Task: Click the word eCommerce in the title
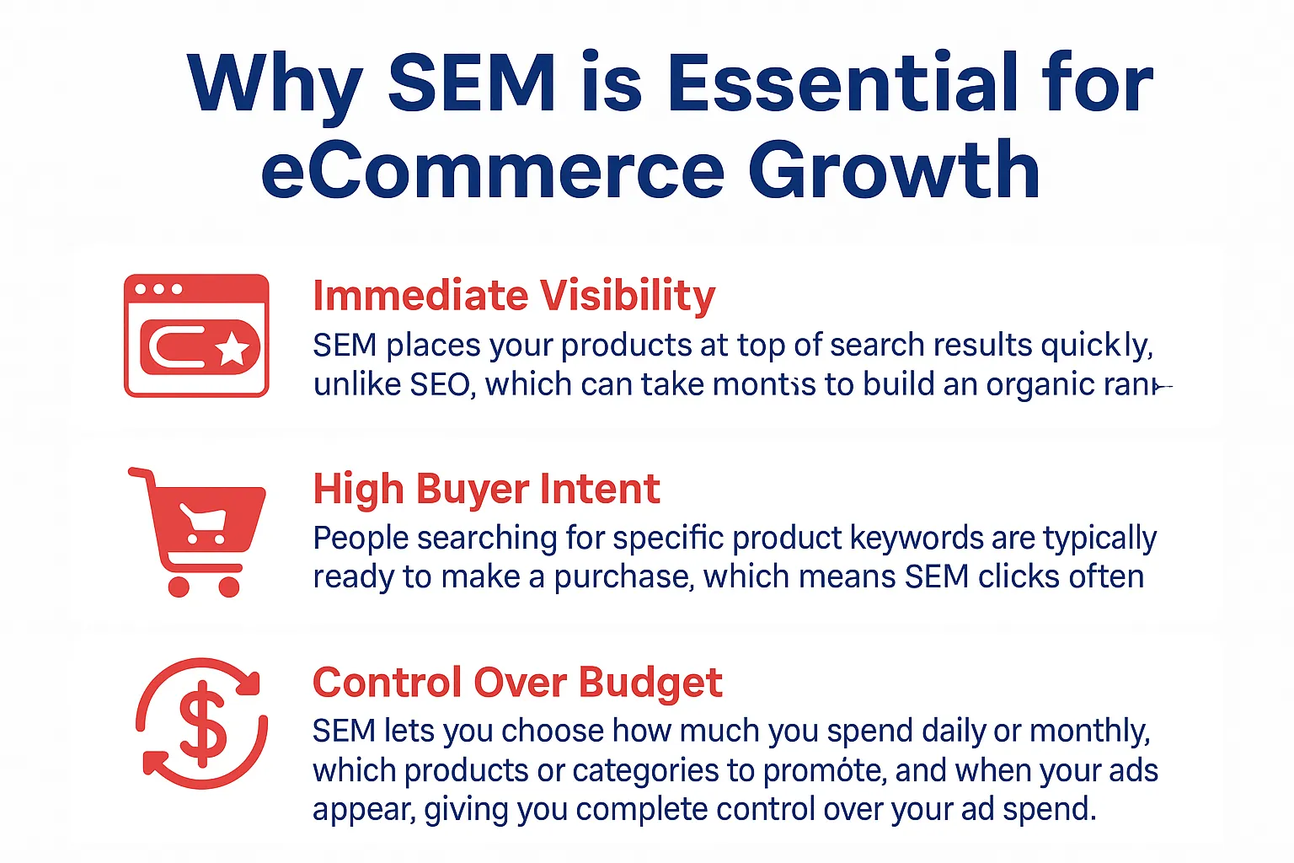(x=492, y=170)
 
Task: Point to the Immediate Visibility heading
(x=514, y=296)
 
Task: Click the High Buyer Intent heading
(x=486, y=489)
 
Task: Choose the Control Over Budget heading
(x=517, y=682)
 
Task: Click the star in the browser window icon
(x=233, y=348)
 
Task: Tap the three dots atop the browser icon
(x=158, y=289)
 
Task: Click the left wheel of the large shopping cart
(x=179, y=586)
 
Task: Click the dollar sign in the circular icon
(x=203, y=723)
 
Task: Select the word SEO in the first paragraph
(x=439, y=384)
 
